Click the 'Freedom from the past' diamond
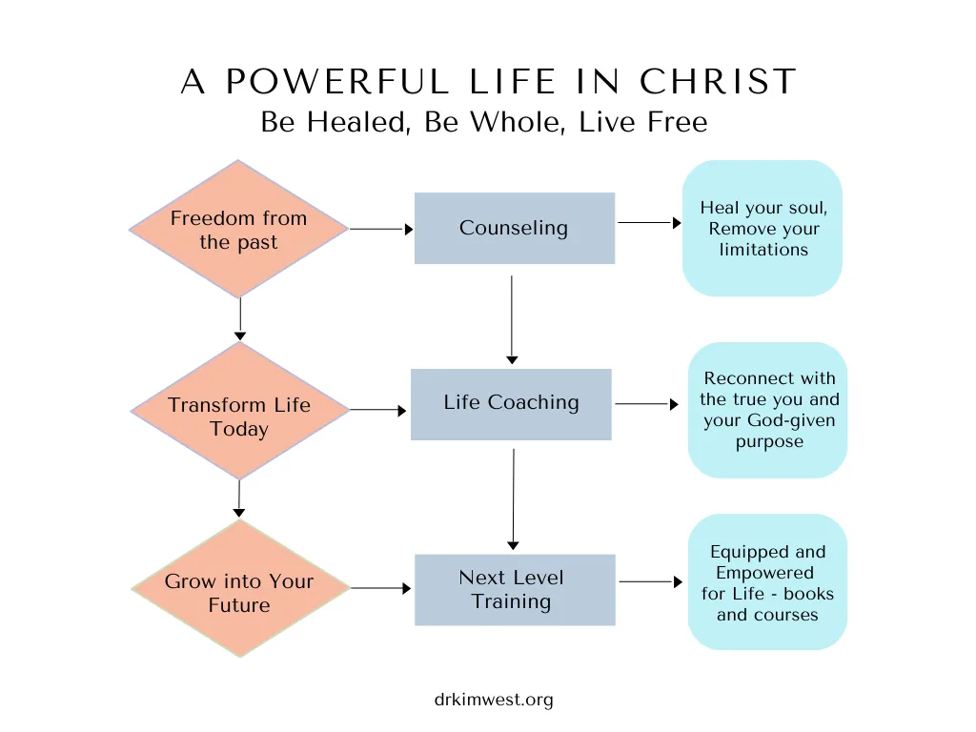tap(238, 229)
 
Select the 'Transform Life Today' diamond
tap(239, 411)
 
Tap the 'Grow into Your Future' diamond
tap(240, 588)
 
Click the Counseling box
tap(515, 228)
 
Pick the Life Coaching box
tap(511, 404)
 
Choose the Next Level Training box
tap(515, 589)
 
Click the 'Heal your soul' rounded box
tap(762, 228)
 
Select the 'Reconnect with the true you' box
tap(767, 410)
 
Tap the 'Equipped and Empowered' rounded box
tap(767, 582)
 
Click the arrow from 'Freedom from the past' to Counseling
tap(381, 229)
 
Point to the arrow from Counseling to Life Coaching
tap(512, 320)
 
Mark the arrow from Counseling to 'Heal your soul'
tap(649, 222)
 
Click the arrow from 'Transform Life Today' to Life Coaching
tap(378, 410)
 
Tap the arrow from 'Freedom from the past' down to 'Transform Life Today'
tap(240, 319)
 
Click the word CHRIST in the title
tap(719, 82)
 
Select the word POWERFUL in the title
tap(336, 82)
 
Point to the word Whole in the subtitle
tap(518, 122)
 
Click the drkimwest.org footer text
tap(494, 700)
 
